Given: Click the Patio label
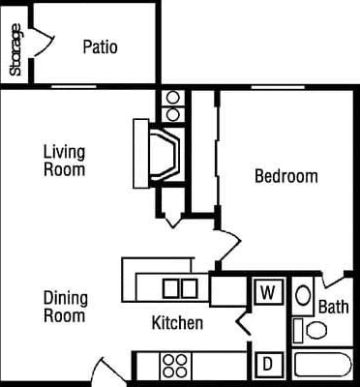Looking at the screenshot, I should pos(100,46).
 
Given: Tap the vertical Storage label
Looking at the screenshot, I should pos(15,49).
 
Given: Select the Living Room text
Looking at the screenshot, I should pos(64,161).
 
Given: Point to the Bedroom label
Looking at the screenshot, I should pos(285,176).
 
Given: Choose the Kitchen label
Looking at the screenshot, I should pos(177,323).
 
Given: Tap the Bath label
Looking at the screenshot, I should pos(334,308).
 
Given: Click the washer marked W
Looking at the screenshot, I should pos(266,290).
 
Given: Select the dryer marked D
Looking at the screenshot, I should pos(266,365).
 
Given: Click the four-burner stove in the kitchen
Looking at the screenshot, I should pos(174,366).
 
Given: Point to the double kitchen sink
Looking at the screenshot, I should pos(179,287).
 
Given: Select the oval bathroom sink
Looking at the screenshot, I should pos(302,295).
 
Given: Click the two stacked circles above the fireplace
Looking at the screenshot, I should pos(173,105).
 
